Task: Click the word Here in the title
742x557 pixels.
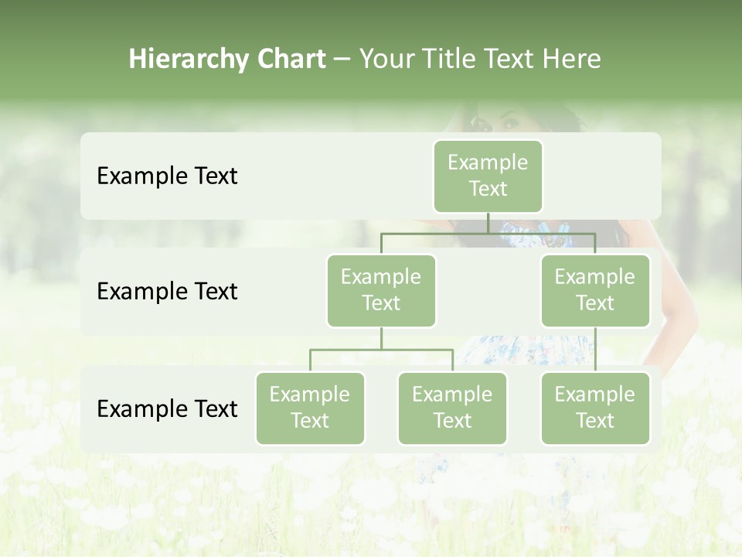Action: click(571, 60)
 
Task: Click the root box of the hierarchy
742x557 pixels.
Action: click(488, 176)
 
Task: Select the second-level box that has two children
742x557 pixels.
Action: click(381, 290)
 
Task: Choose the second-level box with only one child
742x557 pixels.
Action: click(595, 290)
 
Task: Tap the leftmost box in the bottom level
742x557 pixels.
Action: click(310, 408)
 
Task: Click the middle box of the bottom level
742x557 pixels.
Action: click(452, 408)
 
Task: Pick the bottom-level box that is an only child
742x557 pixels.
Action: click(595, 408)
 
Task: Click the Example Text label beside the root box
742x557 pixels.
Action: click(167, 176)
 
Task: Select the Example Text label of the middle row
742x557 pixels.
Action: click(167, 292)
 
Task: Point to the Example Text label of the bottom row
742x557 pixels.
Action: click(167, 408)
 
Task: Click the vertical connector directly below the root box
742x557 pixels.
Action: click(488, 223)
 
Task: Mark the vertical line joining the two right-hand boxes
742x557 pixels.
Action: click(595, 349)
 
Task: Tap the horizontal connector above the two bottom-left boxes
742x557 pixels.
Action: click(381, 350)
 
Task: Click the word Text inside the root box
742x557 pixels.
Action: click(488, 189)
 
